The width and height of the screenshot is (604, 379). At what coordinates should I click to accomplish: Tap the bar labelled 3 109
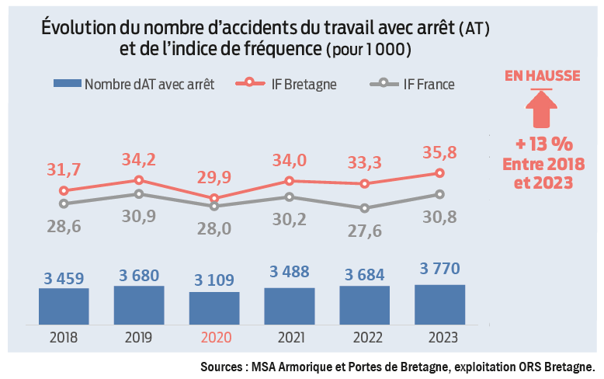click(x=214, y=308)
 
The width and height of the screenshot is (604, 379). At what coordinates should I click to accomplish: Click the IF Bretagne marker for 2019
click(x=139, y=180)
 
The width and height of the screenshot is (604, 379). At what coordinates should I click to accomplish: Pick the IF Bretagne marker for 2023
click(x=439, y=173)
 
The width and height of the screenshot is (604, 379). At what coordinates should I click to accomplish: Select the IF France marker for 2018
click(x=64, y=203)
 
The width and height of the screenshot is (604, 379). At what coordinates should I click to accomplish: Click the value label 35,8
click(x=439, y=152)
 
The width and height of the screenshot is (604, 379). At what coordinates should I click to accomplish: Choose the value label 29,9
click(x=215, y=178)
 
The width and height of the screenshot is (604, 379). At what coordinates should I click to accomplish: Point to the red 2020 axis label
click(x=214, y=338)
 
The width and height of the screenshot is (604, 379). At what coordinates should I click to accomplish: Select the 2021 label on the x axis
click(x=289, y=338)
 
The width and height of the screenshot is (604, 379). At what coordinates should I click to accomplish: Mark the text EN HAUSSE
click(x=541, y=75)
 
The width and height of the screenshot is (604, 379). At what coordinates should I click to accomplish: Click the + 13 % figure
click(x=541, y=144)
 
